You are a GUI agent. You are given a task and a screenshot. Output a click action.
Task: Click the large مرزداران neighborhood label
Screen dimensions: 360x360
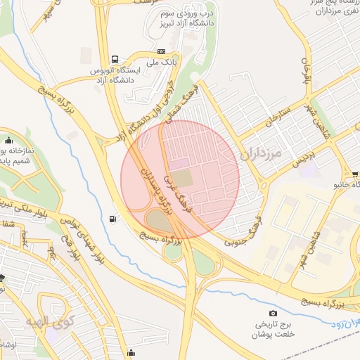[261, 153]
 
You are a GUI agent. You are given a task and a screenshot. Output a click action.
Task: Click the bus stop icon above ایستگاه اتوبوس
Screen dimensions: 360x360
[115, 59]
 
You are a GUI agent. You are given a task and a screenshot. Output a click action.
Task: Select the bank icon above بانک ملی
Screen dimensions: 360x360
[162, 51]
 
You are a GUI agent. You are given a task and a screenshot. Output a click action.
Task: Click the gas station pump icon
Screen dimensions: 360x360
[114, 219]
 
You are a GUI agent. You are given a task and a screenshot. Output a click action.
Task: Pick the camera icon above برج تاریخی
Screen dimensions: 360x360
[273, 313]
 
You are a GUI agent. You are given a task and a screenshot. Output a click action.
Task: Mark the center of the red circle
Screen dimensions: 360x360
[180, 179]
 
